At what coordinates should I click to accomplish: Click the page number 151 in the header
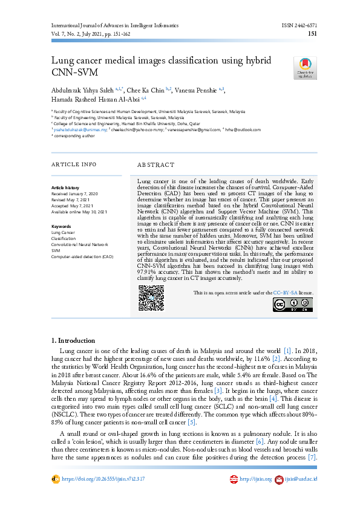[x=312, y=34]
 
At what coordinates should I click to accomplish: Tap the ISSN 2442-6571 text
[x=299, y=26]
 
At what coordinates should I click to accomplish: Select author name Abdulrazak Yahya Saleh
[x=80, y=89]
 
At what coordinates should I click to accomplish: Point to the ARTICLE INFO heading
[x=73, y=164]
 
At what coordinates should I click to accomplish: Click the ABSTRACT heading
[x=156, y=164]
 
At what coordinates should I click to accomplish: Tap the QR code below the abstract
[x=151, y=298]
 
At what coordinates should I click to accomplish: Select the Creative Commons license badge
[x=293, y=305]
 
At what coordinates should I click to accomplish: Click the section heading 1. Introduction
[x=73, y=340]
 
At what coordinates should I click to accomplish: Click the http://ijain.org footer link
[x=254, y=479]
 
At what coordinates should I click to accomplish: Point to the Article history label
[x=65, y=188]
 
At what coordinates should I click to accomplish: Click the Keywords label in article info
[x=61, y=226]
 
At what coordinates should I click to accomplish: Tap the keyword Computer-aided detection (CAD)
[x=82, y=256]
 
